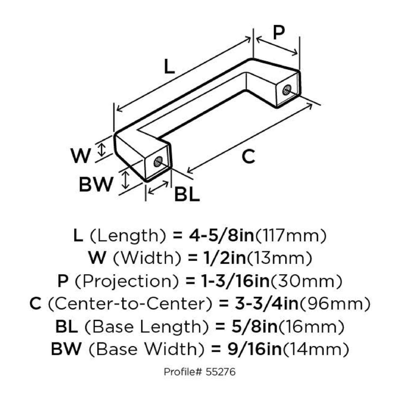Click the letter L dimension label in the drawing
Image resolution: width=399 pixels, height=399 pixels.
(x=169, y=67)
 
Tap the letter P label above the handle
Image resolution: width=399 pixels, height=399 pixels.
(x=279, y=33)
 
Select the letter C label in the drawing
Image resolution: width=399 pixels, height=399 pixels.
(x=248, y=157)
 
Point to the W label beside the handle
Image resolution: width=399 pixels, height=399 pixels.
(x=81, y=156)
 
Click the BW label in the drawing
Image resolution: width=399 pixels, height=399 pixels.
(x=96, y=184)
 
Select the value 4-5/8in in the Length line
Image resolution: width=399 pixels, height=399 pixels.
(x=221, y=235)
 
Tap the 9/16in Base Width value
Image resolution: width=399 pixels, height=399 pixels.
(x=255, y=349)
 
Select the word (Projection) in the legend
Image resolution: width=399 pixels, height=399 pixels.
(x=127, y=281)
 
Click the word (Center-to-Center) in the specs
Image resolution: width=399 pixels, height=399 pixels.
(x=130, y=304)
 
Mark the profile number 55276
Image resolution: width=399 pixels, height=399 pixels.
(x=221, y=372)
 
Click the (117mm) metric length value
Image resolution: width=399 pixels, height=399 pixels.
(x=291, y=235)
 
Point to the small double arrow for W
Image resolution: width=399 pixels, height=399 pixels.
(x=101, y=149)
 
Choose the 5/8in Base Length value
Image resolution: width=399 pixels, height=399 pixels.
(x=255, y=327)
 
